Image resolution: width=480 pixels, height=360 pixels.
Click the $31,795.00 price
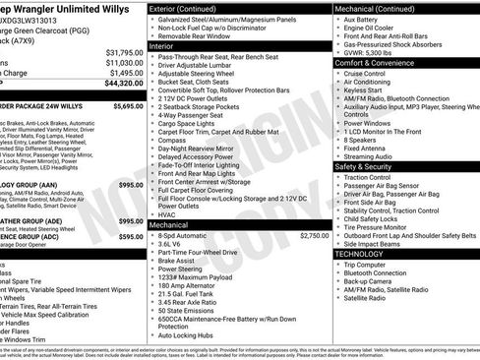coord(124,52)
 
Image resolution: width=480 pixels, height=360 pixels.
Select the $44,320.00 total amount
coord(124,85)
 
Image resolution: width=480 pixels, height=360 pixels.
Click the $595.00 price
coord(131,236)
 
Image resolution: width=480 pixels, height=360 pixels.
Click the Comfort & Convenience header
coord(375,62)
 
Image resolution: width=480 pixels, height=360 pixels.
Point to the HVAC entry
coord(166,214)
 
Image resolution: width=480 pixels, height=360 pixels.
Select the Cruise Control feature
coord(365,73)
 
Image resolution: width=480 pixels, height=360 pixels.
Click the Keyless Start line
coord(364,90)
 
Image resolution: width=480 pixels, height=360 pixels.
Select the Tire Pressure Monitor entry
coord(383,226)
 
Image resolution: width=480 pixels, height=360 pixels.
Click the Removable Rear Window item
coord(191,35)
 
